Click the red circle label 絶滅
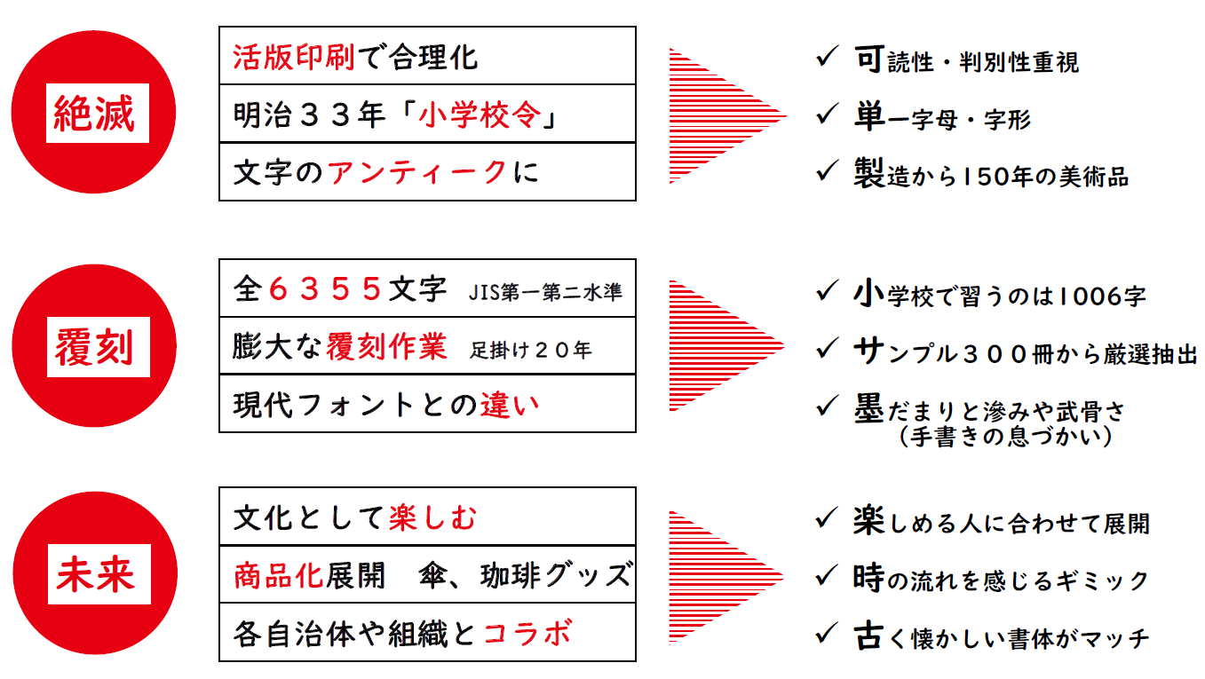(93, 113)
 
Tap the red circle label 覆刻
(94, 347)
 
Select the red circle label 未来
(95, 574)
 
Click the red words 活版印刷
(293, 57)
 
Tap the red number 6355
(325, 289)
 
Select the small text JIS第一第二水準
(545, 292)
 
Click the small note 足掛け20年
(530, 350)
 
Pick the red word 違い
(509, 405)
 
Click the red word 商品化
(278, 576)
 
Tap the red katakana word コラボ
(527, 634)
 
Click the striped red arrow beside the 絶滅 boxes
(727, 115)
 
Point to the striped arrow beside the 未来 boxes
(726, 578)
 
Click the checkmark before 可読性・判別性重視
(827, 56)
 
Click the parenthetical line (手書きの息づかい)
(1005, 436)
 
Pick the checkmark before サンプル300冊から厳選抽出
(827, 347)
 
